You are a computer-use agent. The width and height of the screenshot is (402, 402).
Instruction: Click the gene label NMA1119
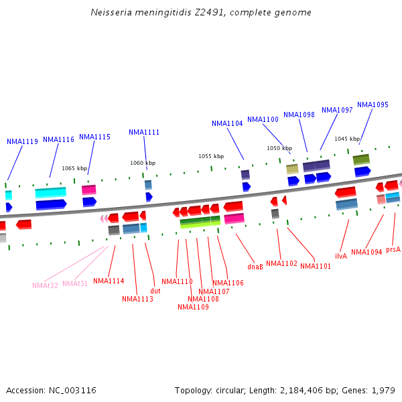click(22, 141)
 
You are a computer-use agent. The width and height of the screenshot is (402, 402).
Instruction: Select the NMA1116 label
click(58, 139)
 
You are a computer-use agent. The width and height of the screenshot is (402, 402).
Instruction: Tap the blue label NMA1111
click(144, 132)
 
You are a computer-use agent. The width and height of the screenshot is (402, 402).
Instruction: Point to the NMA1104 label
click(227, 123)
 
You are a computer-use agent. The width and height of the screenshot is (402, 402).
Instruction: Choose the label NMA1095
click(373, 105)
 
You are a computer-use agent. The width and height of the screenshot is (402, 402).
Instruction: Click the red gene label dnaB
click(255, 266)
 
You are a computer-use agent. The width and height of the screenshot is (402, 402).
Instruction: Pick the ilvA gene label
click(341, 256)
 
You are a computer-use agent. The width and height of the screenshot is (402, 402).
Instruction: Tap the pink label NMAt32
click(46, 285)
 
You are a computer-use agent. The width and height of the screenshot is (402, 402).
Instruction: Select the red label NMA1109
click(193, 307)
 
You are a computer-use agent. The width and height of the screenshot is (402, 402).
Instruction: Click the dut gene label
click(155, 291)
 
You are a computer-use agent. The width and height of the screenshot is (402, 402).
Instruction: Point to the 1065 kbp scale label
click(74, 169)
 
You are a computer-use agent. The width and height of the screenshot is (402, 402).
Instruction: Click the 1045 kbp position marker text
click(347, 139)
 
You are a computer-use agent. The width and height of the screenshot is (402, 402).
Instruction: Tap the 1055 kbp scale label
click(210, 156)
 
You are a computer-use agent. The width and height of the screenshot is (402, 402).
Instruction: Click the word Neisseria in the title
click(110, 13)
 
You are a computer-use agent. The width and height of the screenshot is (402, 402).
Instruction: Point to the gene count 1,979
click(383, 390)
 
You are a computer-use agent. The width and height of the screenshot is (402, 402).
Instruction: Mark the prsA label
click(393, 249)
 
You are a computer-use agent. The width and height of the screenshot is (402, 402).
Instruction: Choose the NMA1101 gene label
click(316, 266)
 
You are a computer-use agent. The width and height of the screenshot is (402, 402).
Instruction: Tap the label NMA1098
click(299, 115)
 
